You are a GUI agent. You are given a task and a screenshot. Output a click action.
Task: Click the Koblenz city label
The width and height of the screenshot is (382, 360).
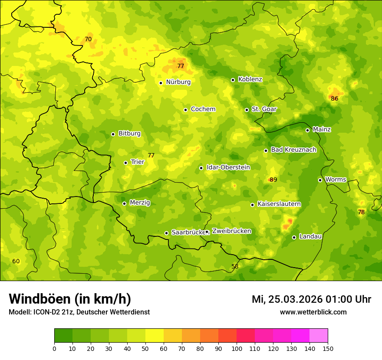pyautogui.click(x=250, y=79)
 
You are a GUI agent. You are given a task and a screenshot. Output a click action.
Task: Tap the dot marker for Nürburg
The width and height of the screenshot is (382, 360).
pyautogui.click(x=161, y=83)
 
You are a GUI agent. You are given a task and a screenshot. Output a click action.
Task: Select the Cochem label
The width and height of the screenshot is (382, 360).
pyautogui.click(x=203, y=109)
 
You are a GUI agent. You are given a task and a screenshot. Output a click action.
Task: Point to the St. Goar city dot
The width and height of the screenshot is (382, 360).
pyautogui.click(x=247, y=110)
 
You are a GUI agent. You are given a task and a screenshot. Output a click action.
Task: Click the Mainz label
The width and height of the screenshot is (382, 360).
pyautogui.click(x=322, y=129)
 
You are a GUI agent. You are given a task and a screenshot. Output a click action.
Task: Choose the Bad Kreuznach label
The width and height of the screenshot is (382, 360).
pyautogui.click(x=293, y=150)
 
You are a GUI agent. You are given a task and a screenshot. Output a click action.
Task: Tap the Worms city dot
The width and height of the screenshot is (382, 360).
pyautogui.click(x=320, y=180)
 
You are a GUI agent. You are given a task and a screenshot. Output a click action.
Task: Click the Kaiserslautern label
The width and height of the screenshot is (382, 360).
pyautogui.click(x=279, y=204)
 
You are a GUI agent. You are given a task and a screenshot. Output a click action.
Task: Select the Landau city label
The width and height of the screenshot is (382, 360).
pyautogui.click(x=310, y=236)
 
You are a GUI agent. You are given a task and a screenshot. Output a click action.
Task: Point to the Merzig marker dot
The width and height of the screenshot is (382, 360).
pyautogui.click(x=124, y=203)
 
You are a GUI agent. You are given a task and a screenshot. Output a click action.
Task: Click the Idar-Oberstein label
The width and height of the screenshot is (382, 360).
pyautogui.click(x=228, y=167)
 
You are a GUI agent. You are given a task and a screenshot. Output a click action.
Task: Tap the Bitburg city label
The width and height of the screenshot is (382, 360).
pyautogui.click(x=129, y=134)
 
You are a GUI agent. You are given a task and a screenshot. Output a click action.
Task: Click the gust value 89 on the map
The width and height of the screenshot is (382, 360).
pyautogui.click(x=273, y=180)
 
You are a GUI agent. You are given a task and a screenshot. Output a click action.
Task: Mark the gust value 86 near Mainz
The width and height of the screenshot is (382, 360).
pyautogui.click(x=334, y=99)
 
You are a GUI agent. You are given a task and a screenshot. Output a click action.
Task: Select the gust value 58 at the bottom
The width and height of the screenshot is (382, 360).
pyautogui.click(x=235, y=267)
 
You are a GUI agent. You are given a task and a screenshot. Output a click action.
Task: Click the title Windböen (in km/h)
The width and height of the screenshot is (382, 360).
pyautogui.click(x=70, y=299)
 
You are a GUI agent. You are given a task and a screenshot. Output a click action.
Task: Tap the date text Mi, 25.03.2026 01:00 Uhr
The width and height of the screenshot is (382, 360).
pyautogui.click(x=311, y=299)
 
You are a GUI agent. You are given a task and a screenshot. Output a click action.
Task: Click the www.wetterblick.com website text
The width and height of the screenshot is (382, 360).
pyautogui.click(x=313, y=312)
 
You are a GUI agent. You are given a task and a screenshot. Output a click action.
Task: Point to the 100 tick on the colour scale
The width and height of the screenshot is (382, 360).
pyautogui.click(x=237, y=348)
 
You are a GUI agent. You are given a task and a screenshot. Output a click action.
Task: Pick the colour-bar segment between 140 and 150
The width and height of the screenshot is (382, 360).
pyautogui.click(x=319, y=336)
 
